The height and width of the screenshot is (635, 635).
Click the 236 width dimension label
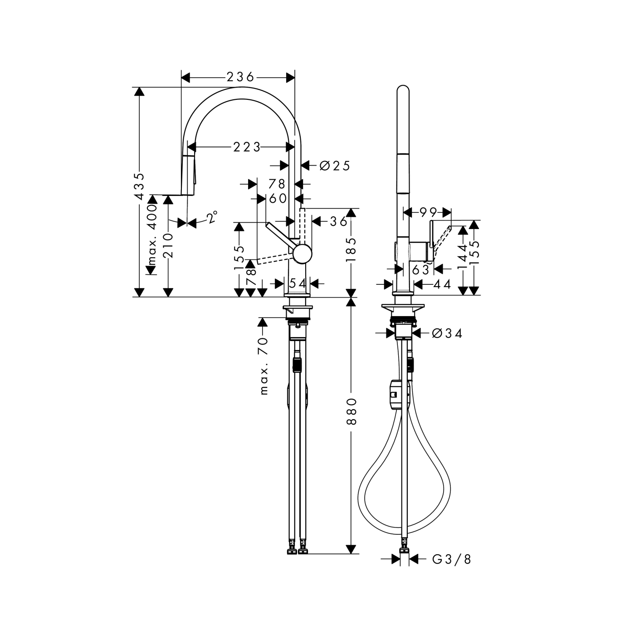click(240, 78)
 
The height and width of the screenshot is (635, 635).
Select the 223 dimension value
click(247, 147)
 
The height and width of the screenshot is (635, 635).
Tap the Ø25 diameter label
click(335, 166)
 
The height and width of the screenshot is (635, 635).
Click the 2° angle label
click(212, 217)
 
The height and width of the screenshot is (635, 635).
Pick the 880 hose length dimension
click(352, 411)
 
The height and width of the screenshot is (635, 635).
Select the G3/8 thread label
click(451, 560)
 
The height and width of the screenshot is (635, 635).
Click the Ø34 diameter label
click(447, 334)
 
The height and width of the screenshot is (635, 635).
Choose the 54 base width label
click(298, 283)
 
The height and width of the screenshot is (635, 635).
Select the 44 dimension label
click(442, 284)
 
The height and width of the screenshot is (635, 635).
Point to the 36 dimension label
click(338, 221)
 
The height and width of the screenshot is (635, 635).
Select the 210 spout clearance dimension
click(168, 245)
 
